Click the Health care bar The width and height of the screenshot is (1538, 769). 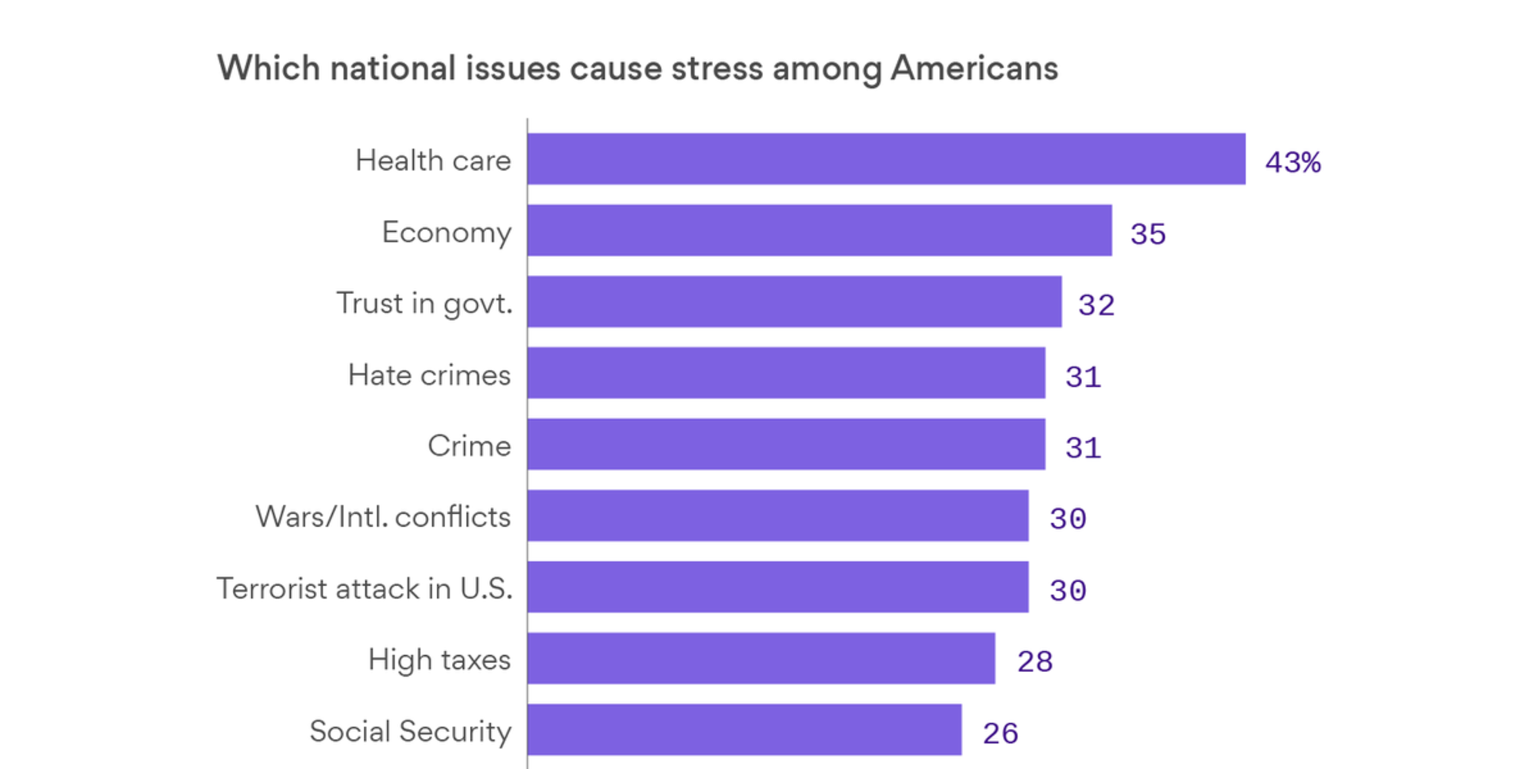886,159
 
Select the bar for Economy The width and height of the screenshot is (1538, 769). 819,230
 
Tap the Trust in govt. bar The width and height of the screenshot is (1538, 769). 794,301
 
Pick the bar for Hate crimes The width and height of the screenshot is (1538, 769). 786,373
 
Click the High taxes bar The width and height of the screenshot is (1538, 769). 761,658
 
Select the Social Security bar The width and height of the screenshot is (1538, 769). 744,730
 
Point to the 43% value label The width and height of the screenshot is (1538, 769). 1293,162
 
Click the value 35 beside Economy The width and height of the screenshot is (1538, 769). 1148,234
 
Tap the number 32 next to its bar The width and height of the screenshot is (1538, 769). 1096,305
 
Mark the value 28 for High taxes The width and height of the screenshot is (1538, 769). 1035,661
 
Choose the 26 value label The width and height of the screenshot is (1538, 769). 1000,734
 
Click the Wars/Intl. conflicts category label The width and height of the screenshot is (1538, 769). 383,517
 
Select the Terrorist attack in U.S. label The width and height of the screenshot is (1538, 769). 365,588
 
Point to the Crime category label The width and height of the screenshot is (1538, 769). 469,446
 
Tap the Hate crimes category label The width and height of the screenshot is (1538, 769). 429,375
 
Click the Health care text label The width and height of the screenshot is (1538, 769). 433,161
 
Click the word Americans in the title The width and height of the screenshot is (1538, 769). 974,68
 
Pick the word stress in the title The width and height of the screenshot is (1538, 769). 717,68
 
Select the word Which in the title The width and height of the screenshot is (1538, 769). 268,68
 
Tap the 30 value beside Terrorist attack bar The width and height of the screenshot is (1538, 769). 1068,591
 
